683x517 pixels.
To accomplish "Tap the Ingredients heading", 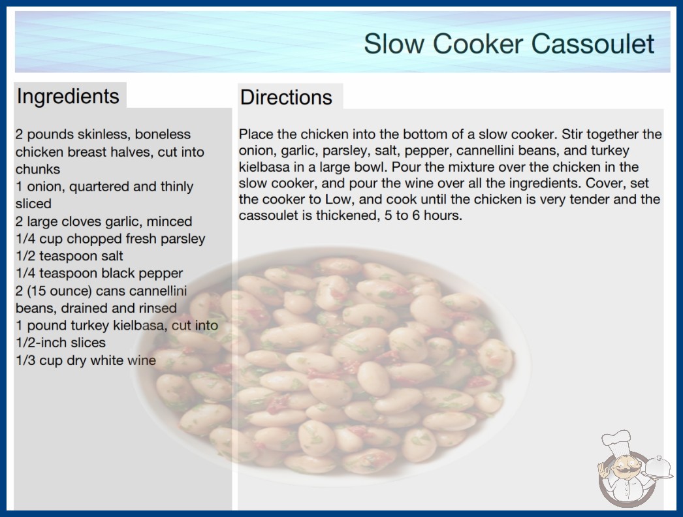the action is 68,96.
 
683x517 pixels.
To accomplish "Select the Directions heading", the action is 286,97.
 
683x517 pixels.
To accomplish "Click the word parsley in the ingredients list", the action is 183,239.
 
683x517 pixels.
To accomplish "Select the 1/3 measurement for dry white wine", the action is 25,360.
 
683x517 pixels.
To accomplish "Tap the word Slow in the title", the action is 394,44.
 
